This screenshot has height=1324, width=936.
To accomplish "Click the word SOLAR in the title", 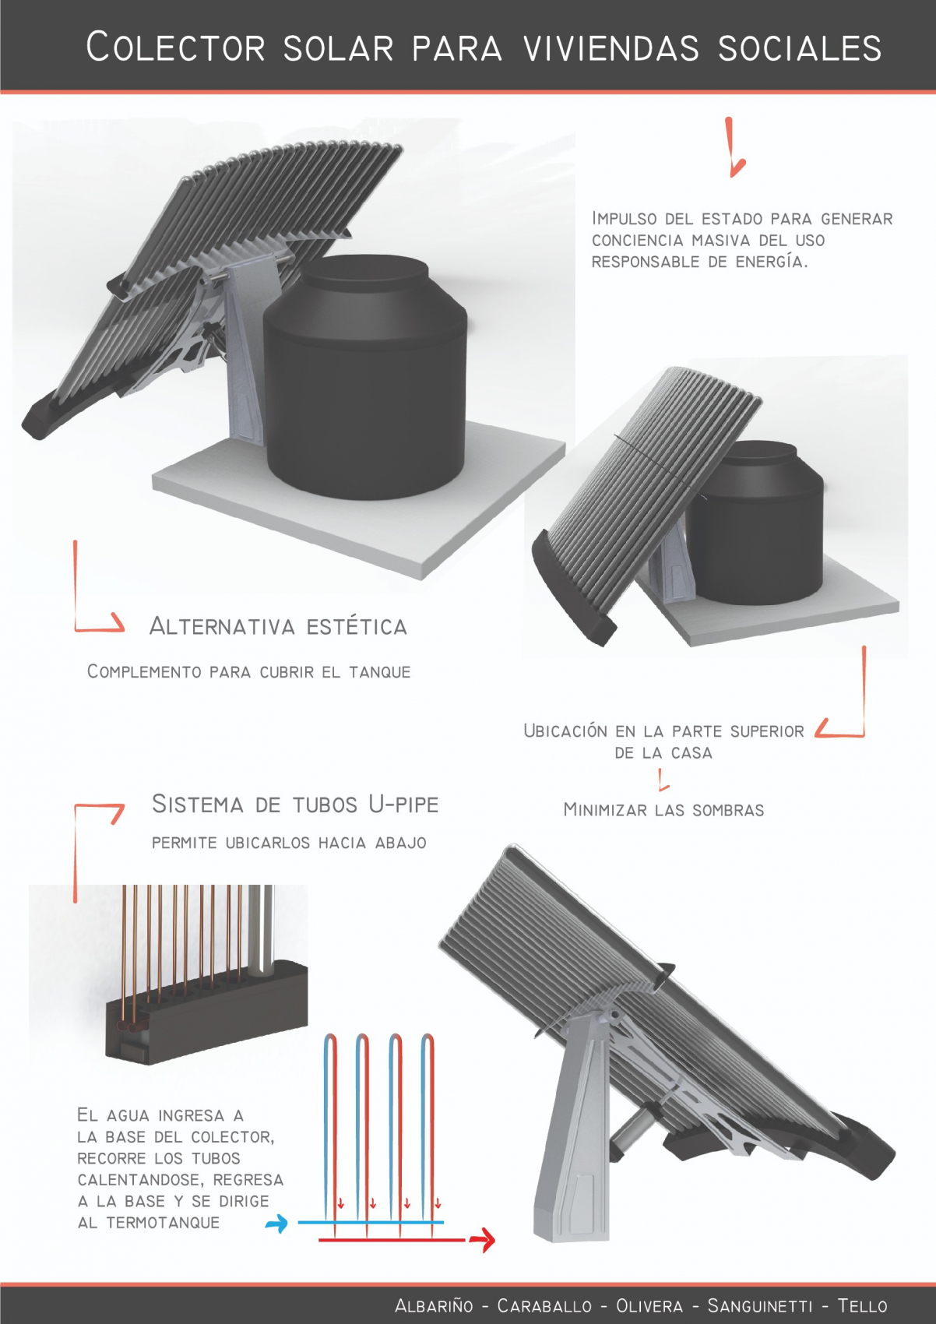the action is tap(338, 48).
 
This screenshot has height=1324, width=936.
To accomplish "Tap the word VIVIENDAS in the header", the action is tap(612, 48).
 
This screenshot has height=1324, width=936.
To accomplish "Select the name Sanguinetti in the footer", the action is tap(759, 1305).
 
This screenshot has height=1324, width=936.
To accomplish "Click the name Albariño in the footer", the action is tap(434, 1305).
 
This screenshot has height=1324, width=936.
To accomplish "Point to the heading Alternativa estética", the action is tap(278, 626).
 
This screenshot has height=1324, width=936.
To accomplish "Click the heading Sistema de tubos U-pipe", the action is tap(295, 804).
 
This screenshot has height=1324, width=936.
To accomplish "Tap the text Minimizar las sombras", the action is tap(663, 810).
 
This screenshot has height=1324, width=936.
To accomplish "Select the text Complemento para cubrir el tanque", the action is tap(248, 672).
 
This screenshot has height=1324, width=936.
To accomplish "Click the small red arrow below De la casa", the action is tap(663, 779).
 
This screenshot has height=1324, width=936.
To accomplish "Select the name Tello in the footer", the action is tap(863, 1305).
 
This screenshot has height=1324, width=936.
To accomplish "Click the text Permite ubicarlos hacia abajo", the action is tap(289, 843).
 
